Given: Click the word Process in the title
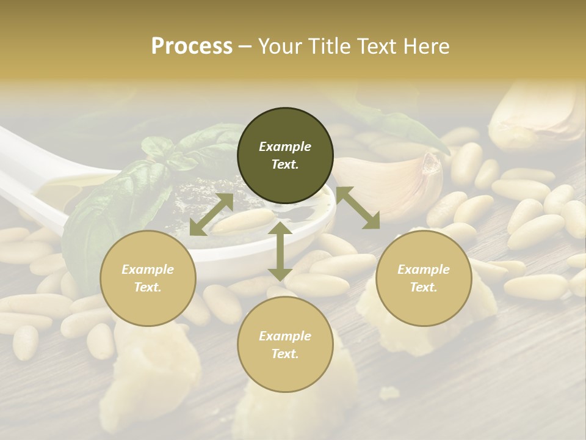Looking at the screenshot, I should coord(192,46).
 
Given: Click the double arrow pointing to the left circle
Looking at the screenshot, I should coord(211,215).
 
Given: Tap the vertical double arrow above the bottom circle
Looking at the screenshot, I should coord(280,251).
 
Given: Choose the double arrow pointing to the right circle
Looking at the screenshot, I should coord(357,208).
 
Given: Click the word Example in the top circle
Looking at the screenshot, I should coord(285,147).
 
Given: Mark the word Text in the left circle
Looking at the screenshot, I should coord(148,287).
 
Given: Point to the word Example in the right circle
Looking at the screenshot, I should coord(424,269).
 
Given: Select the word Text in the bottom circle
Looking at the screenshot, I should coord(285,354).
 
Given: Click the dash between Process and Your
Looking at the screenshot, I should coord(245,46).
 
